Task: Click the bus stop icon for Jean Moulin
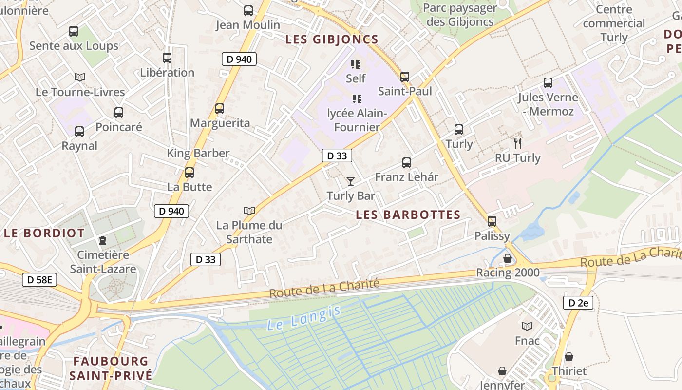(x=248, y=10)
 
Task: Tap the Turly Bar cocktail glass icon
(x=351, y=181)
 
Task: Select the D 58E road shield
(x=39, y=280)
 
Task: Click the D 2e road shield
(x=578, y=303)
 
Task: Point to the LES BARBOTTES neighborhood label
(x=408, y=215)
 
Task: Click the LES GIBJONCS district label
(x=332, y=39)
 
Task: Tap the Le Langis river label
(x=303, y=317)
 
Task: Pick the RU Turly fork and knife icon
(x=518, y=143)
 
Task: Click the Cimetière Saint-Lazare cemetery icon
(x=103, y=240)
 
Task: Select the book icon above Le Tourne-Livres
(x=80, y=77)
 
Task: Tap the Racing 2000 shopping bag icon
(x=508, y=258)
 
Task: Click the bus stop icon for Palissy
(x=492, y=221)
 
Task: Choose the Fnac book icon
(x=527, y=326)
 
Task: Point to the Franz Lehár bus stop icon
(x=407, y=163)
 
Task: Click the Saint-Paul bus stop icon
(x=405, y=77)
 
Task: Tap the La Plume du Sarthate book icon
(x=249, y=211)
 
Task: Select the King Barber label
(x=198, y=153)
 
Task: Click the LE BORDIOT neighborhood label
(x=44, y=233)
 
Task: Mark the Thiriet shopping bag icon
(x=569, y=357)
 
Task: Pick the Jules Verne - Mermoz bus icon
(x=548, y=83)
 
